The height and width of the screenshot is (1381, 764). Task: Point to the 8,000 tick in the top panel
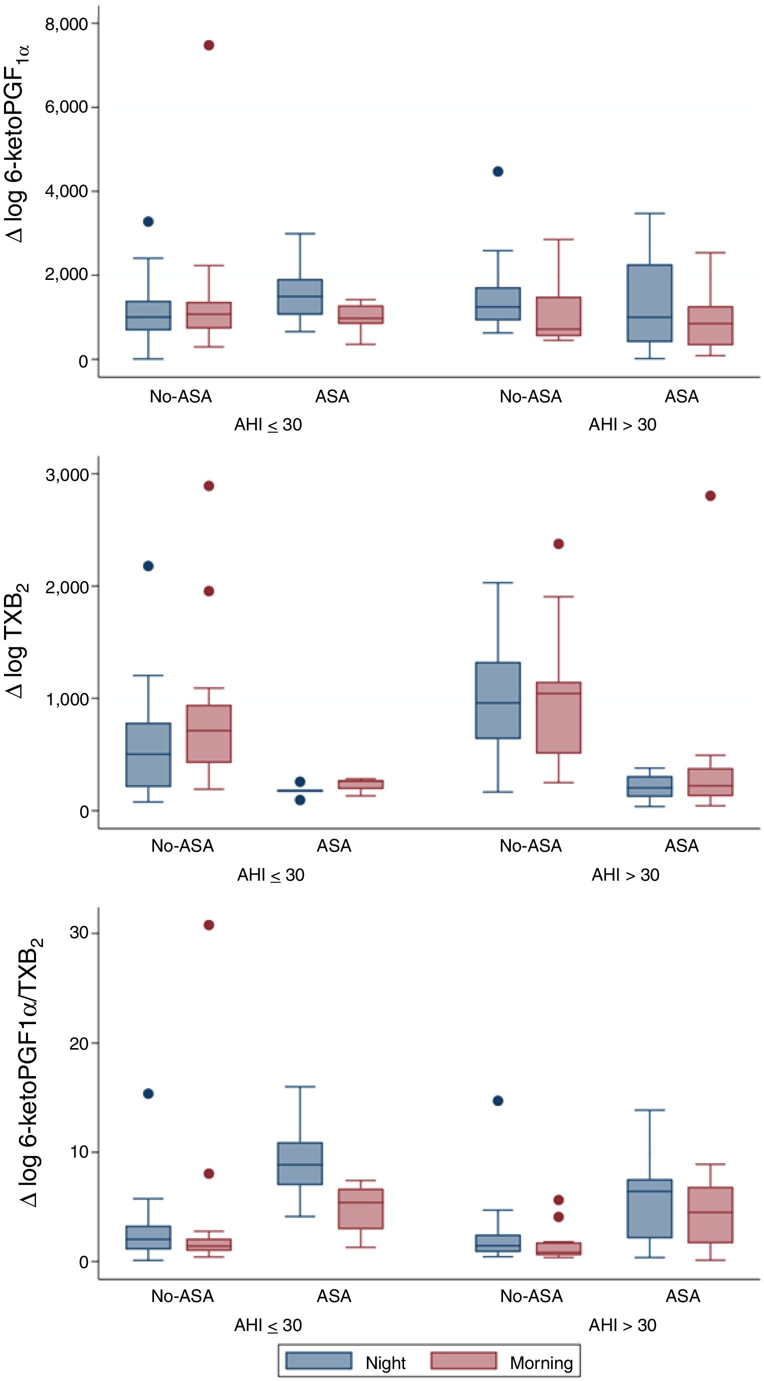66,24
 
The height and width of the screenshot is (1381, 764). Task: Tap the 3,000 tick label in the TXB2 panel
66,474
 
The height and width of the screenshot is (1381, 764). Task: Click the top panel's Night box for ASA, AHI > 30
650,303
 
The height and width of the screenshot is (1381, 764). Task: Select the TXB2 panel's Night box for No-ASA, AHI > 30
498,700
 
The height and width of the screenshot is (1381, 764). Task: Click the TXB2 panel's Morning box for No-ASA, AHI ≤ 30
209,733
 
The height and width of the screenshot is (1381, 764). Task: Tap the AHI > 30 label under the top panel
622,424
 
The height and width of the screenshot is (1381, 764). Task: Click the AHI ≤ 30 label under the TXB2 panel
271,875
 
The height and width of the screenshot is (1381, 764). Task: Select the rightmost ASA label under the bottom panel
682,1297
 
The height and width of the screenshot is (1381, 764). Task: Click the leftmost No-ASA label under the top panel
180,397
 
